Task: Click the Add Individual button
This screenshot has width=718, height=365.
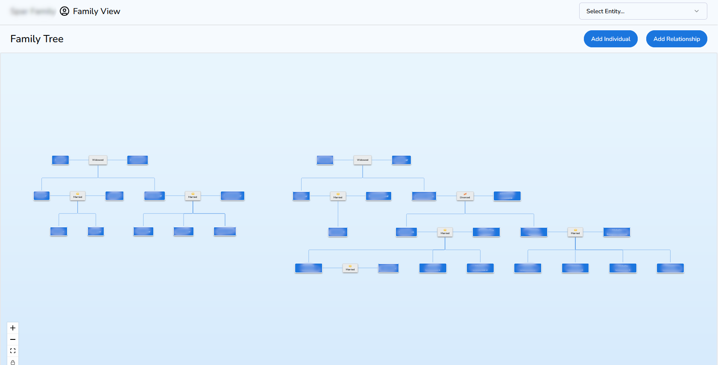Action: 610,39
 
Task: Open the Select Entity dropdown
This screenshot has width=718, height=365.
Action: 642,11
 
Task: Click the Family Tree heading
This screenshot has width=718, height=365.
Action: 37,39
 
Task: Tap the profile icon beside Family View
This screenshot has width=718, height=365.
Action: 64,11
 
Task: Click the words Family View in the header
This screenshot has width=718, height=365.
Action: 97,11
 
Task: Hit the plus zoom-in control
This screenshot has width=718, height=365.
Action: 13,328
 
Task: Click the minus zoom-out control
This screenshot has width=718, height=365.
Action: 13,339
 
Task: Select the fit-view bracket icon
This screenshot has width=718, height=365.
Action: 13,351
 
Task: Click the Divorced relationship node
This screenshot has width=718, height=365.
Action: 465,196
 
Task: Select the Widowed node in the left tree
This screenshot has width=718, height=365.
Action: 98,160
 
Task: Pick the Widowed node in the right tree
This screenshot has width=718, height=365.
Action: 363,160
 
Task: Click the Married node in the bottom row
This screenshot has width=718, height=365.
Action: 350,268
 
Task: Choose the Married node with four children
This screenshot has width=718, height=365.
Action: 575,232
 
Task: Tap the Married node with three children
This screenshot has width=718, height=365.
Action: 193,196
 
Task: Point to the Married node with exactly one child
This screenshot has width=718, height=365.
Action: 338,196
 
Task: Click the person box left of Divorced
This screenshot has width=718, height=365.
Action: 424,196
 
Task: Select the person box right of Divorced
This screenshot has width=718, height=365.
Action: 507,196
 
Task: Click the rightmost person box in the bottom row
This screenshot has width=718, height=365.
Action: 670,268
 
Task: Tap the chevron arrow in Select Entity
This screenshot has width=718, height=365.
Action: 697,11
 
